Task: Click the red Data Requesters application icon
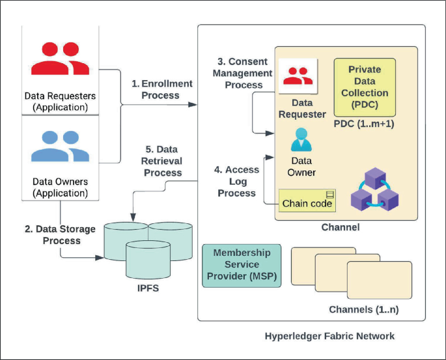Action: point(60,58)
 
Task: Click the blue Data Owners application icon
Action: point(60,147)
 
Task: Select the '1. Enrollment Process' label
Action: point(162,89)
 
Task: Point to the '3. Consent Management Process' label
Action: point(240,73)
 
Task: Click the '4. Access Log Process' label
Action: point(237,181)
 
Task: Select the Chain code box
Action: point(307,202)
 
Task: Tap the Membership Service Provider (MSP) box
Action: point(241,264)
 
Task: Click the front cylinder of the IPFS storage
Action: point(148,260)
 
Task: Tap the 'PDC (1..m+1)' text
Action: point(363,123)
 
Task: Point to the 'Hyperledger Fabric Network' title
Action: point(329,337)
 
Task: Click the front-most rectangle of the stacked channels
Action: point(380,279)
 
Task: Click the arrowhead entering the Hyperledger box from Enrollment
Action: point(194,103)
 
